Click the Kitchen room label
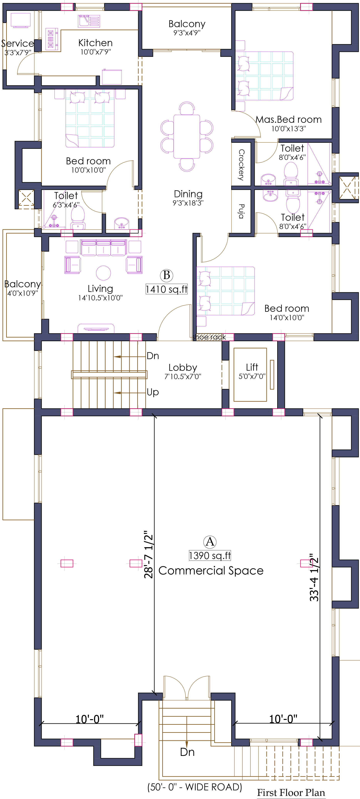[95, 43]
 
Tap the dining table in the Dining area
[187, 136]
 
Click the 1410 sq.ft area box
[167, 289]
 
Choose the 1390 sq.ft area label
[210, 555]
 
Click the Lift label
[252, 367]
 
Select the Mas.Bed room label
[288, 120]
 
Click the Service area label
[17, 43]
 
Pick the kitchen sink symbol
[89, 21]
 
